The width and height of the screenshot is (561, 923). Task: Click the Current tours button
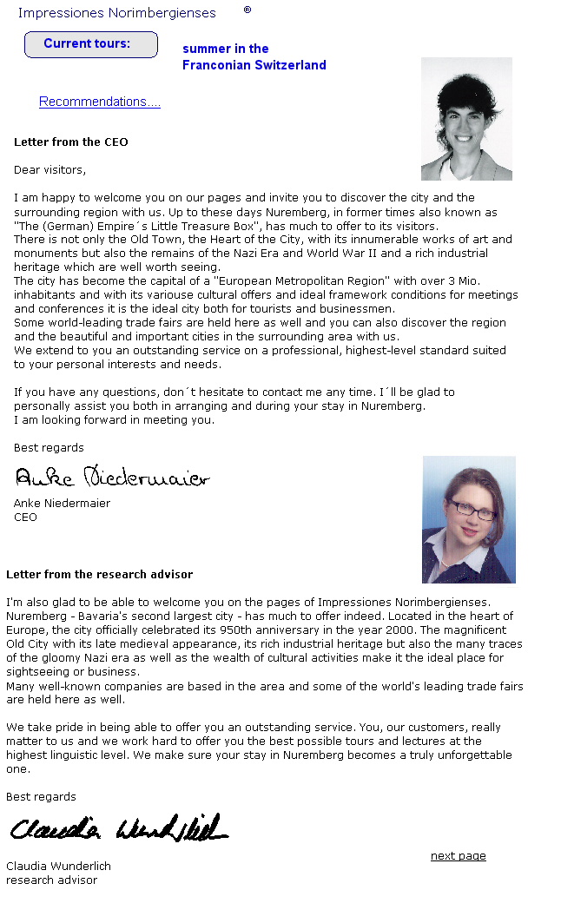tap(90, 44)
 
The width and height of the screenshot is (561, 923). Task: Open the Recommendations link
tap(100, 102)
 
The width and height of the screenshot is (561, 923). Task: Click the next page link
tap(458, 856)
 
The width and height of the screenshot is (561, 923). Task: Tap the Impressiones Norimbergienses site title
tap(117, 13)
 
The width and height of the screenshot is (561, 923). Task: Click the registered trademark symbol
tap(247, 10)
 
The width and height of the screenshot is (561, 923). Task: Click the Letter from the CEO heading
tap(71, 142)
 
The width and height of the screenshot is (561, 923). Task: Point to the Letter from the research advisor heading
tap(99, 575)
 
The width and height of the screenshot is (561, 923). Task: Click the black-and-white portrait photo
tap(466, 119)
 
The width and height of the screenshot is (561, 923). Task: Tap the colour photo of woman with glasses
tap(468, 519)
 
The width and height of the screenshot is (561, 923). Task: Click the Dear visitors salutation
tap(49, 170)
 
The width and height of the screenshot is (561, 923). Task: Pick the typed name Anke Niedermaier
tap(62, 504)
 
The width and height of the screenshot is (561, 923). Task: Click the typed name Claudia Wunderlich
tap(58, 867)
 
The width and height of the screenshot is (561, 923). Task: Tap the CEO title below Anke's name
tap(25, 518)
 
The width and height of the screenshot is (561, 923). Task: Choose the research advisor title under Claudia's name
tap(51, 880)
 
